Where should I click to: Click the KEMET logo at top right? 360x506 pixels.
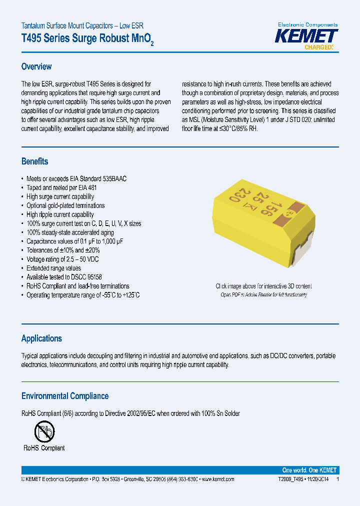pos(307,36)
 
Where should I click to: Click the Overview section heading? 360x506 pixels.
pos(36,66)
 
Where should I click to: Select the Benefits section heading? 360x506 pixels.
pos(35,161)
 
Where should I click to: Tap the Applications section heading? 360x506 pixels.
pos(41,338)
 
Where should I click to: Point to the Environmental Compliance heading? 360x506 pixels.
pos(65,396)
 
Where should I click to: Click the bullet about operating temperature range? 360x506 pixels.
pos(83,295)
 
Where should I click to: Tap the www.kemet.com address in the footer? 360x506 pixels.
pos(217,479)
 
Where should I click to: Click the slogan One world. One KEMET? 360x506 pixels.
pos(309,470)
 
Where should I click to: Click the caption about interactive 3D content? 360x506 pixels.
pos(263,286)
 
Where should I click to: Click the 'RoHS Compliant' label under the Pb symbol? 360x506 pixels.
pos(44,448)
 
